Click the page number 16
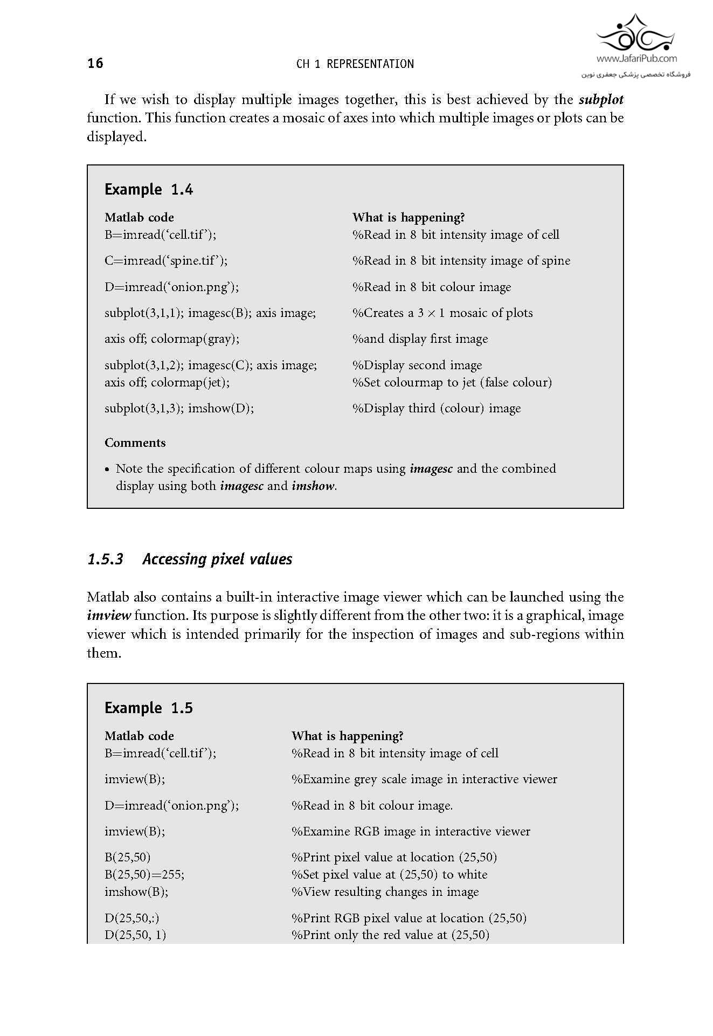coord(95,64)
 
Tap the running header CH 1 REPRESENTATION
coord(355,64)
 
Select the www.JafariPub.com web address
coord(636,59)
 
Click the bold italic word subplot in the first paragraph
coord(601,100)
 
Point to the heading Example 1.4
coord(149,190)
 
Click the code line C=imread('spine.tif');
coord(166,261)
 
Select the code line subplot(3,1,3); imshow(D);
coord(179,409)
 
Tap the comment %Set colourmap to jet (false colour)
coord(452,383)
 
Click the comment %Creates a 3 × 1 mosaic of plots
coord(442,313)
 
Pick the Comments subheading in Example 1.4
coord(135,443)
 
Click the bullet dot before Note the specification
coord(108,469)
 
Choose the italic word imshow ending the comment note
coord(313,486)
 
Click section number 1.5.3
coord(105,560)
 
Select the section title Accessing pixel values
coord(217,560)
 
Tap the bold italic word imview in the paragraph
coord(109,616)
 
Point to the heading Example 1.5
coord(149,708)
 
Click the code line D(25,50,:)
coord(132,918)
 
